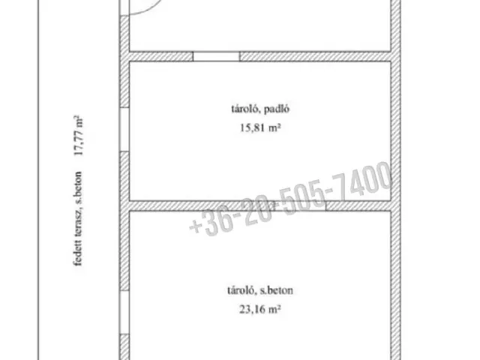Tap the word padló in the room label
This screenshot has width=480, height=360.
tap(277, 109)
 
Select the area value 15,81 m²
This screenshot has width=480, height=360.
tap(260, 127)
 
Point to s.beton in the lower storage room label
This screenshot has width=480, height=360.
tap(277, 290)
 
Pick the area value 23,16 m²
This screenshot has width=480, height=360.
tap(260, 309)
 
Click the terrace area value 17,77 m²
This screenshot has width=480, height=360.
tap(79, 135)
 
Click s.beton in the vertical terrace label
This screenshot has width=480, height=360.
tap(78, 188)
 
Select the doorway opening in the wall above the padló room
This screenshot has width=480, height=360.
tap(217, 57)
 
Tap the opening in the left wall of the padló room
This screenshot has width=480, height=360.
tap(124, 129)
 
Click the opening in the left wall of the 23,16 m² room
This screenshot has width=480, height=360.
tap(124, 312)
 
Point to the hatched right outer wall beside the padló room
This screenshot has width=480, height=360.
tap(395, 131)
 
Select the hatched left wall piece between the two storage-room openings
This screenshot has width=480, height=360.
tap(124, 220)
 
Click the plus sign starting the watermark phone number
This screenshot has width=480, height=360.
tap(195, 226)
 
